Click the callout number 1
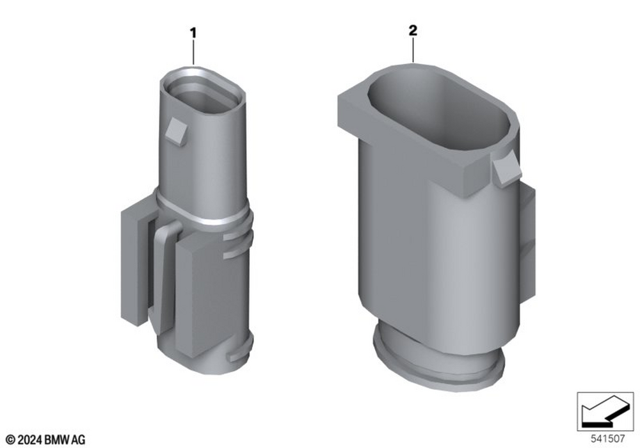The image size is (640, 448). click(193, 33)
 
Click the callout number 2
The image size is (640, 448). click(413, 30)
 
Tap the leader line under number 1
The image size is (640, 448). click(193, 52)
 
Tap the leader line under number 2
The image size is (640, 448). click(413, 50)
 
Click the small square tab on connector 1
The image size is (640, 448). click(177, 130)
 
